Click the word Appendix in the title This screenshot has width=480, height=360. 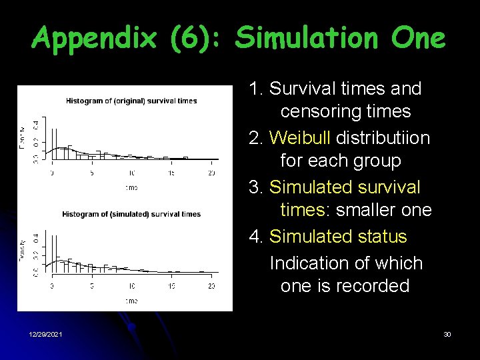pos(93,39)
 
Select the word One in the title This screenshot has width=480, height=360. pos(419,39)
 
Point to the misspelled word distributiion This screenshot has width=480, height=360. pos(383,138)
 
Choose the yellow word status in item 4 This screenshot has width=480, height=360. pos(382,237)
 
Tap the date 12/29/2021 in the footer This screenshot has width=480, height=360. pos(46,334)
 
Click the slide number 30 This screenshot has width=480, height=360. pos(447,334)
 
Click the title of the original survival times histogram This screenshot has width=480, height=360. pos(131,101)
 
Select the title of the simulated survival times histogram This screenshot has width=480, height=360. pos(131,215)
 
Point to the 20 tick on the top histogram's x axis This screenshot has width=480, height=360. pos(211,173)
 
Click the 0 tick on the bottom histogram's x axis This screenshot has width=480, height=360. pos(52,286)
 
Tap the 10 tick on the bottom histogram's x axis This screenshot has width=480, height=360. pos(131,286)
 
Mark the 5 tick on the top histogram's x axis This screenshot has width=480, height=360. pos(92,173)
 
